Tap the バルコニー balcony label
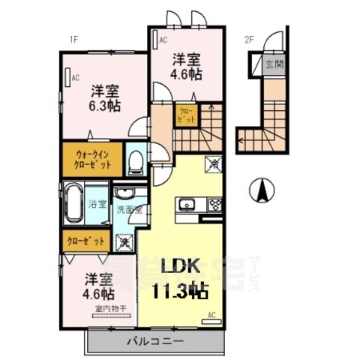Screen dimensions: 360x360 tap(157, 342)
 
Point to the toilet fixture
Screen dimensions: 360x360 tap(136, 160)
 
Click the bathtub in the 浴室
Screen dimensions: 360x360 tap(73, 202)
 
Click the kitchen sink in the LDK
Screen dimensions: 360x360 tap(187, 204)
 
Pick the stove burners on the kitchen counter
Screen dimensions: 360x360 tap(214, 204)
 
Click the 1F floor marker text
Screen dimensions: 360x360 tap(74, 39)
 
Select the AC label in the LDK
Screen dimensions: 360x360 tap(211, 315)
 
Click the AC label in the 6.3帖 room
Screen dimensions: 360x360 tap(76, 76)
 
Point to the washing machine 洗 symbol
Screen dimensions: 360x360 tap(124, 241)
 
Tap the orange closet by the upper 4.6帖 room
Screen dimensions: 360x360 tap(184, 115)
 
